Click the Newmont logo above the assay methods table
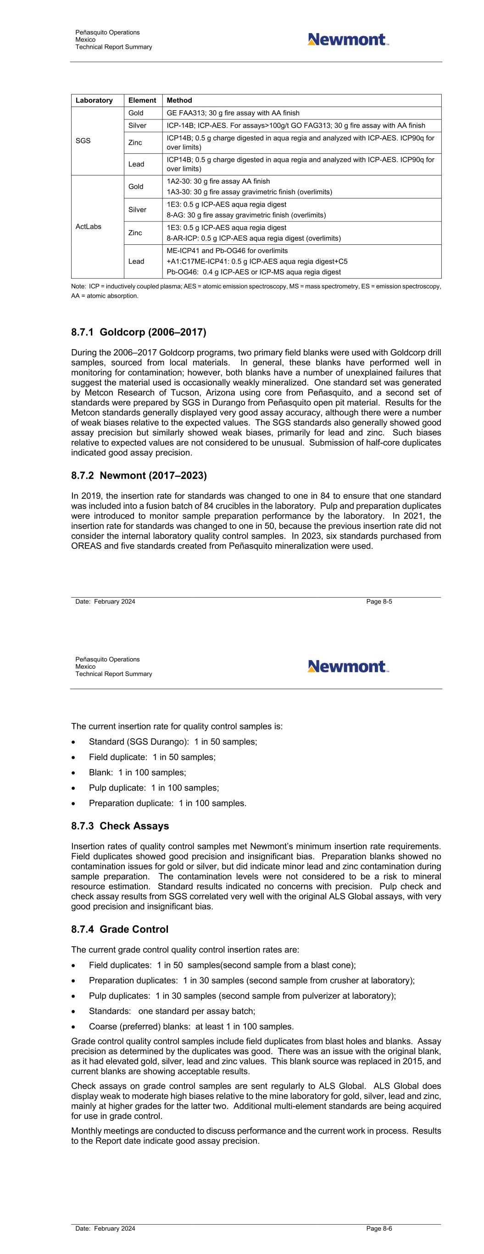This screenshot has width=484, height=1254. click(348, 40)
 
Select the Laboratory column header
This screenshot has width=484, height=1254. click(94, 100)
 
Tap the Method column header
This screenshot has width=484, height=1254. click(179, 100)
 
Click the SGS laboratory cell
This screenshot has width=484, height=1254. click(83, 141)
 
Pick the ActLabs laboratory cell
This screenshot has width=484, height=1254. click(89, 227)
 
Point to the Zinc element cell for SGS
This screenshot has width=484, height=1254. click(135, 143)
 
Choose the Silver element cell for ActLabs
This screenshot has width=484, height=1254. click(137, 210)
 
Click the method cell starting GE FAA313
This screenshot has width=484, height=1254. click(233, 113)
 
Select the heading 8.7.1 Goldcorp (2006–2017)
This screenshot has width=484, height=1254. click(139, 333)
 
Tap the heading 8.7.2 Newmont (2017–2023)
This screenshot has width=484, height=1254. click(139, 475)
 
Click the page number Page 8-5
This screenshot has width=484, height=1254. click(379, 602)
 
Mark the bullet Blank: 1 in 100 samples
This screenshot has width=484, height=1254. click(137, 773)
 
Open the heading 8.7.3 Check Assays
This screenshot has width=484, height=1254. click(120, 826)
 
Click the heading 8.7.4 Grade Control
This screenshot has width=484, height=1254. click(120, 929)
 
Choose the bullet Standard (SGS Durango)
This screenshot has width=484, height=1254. click(172, 742)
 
